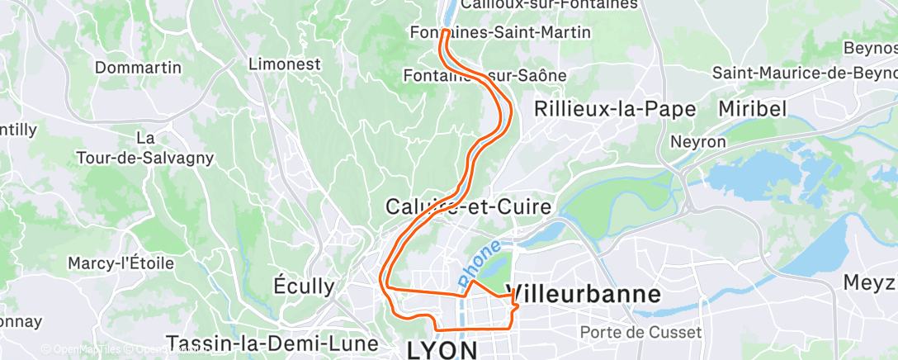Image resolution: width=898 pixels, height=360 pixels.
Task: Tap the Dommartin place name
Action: coord(138,68)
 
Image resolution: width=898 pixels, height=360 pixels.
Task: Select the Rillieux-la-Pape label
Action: coord(616,109)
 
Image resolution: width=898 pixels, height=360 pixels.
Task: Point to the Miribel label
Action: coord(752,109)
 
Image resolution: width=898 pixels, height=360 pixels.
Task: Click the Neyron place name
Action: coord(697,142)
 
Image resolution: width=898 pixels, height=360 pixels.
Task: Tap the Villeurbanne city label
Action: coord(587,295)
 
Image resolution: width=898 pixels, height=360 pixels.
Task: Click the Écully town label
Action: coord(304,287)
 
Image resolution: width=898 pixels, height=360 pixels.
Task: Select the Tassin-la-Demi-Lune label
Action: coord(272,343)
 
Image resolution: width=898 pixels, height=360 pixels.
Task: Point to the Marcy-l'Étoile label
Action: coord(122,263)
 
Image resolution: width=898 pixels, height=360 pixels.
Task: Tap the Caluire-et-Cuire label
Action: coord(468,206)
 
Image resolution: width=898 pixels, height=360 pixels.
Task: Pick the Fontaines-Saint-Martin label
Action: coord(500,33)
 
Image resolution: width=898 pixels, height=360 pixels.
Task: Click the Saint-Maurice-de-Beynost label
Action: coord(805,73)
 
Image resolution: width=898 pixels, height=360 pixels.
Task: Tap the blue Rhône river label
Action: coord(480,261)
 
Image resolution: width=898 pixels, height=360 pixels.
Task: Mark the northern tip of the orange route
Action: coord(445,31)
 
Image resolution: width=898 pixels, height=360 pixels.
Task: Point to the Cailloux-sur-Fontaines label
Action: coord(551,5)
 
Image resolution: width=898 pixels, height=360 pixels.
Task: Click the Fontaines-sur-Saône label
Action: coord(484,75)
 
